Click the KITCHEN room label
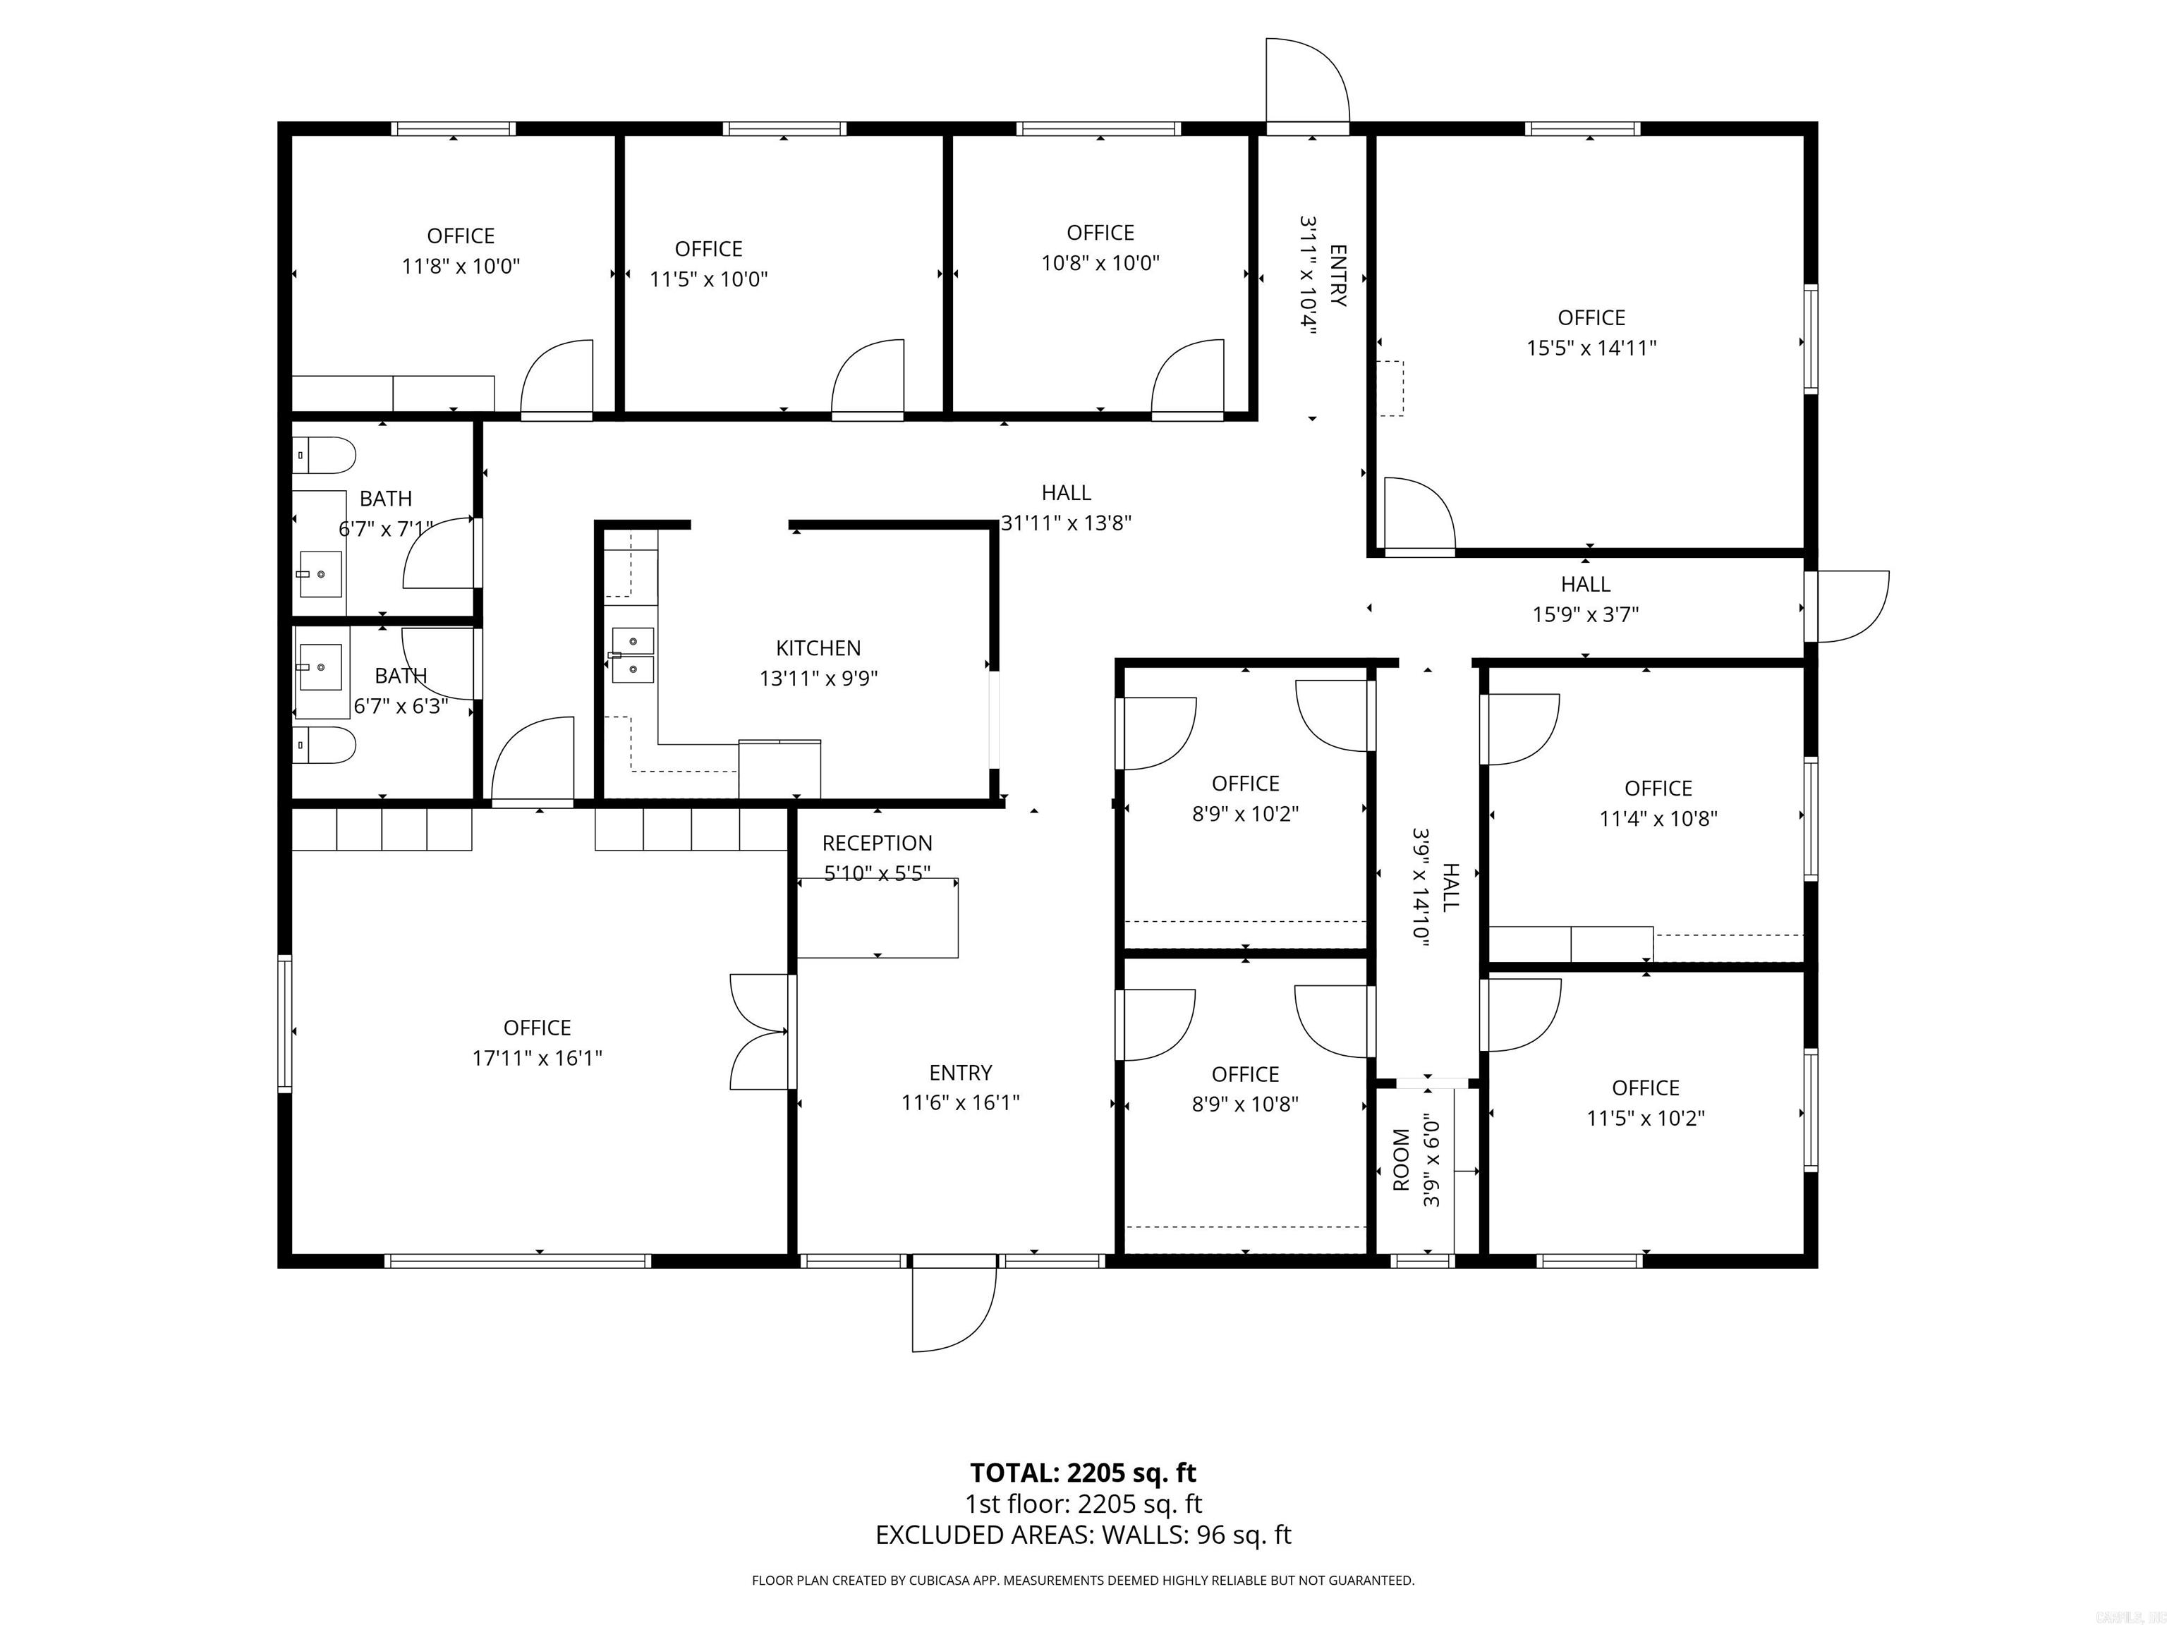pos(818,647)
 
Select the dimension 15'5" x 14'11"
pos(1591,348)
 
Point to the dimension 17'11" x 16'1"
pos(537,1058)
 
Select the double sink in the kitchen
pos(633,655)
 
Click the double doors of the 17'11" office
pos(758,1031)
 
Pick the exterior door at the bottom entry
pos(953,1308)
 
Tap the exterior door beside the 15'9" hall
pos(1850,607)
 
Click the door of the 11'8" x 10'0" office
pos(557,380)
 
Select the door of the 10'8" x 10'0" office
pos(1187,380)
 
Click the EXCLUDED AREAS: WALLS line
pos(1083,1535)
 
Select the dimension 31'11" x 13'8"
pos(1066,523)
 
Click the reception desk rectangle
pos(877,918)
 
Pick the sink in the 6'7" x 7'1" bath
pos(320,572)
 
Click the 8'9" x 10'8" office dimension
pos(1244,1104)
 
